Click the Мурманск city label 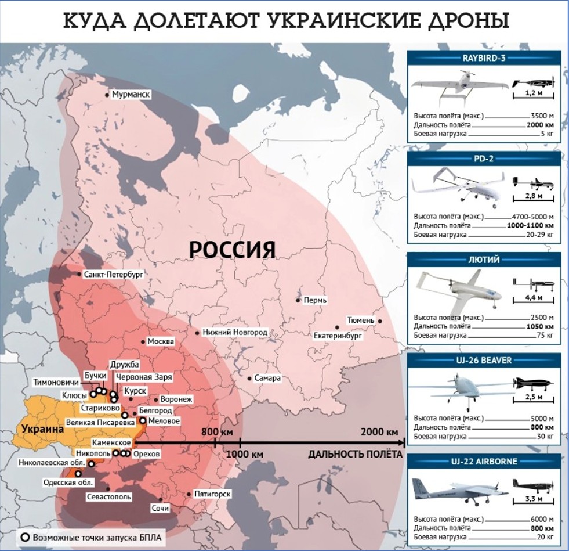[132, 94]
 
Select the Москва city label [161, 341]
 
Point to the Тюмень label [361, 320]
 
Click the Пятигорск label [213, 494]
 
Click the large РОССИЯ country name [232, 250]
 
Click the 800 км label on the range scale [217, 432]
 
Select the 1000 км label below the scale [246, 454]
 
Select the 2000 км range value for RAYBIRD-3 [540, 125]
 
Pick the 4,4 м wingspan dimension [532, 298]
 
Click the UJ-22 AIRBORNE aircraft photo [458, 490]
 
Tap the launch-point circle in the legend [25, 537]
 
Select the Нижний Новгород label [235, 332]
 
